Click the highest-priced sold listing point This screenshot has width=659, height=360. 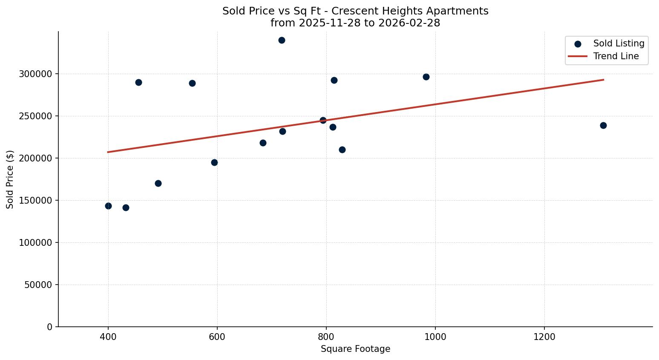coord(282,40)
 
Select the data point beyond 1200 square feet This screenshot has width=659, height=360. coord(603,125)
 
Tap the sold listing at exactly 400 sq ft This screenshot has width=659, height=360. coord(108,206)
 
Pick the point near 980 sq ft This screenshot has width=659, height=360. coord(426,77)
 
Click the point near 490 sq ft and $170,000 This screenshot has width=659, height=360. coord(158,183)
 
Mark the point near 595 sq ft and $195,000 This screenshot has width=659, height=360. coord(214,162)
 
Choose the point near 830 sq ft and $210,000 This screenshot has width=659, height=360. coord(342,150)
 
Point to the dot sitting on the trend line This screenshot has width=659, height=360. coord(323,120)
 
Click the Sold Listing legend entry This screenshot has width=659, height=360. coord(619,43)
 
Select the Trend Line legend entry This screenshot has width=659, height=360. coord(616,56)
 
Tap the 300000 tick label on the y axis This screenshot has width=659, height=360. coord(35,74)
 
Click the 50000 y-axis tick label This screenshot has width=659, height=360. coord(38,285)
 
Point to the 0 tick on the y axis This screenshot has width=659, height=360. coord(49,327)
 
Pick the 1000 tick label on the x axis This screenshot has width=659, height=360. coord(435,337)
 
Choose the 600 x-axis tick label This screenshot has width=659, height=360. coord(217,337)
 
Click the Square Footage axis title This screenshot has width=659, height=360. coord(355,349)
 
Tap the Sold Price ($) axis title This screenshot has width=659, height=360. coord(10,179)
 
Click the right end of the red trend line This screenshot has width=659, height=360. coord(603,80)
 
